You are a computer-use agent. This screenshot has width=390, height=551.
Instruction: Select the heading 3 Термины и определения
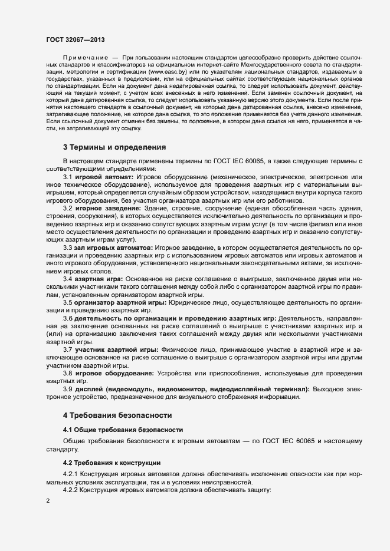click(114, 147)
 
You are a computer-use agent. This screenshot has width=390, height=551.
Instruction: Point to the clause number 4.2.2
click(70, 490)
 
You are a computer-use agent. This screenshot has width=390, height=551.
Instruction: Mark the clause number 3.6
click(67, 319)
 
